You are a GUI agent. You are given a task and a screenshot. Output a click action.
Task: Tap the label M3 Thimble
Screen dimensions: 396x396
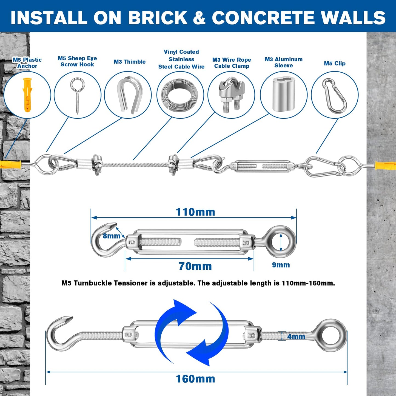130,62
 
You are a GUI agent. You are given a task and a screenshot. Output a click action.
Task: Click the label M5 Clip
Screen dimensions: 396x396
335,63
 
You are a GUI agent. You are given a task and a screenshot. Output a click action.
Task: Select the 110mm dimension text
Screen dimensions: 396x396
195,212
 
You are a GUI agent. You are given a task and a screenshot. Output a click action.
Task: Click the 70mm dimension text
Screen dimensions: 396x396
195,266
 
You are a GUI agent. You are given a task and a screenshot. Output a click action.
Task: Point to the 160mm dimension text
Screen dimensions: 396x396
195,379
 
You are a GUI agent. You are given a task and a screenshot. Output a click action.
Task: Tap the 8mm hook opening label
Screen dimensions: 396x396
112,236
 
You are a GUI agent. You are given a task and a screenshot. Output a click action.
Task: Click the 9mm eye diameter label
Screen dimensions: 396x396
281,265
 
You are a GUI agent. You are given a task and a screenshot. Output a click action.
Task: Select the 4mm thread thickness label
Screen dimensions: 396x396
296,337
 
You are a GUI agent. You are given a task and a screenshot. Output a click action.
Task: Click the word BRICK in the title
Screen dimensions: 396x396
158,18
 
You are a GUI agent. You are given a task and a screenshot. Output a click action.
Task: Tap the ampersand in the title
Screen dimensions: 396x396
199,18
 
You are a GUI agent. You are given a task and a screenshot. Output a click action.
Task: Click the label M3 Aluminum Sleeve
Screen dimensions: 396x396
284,62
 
